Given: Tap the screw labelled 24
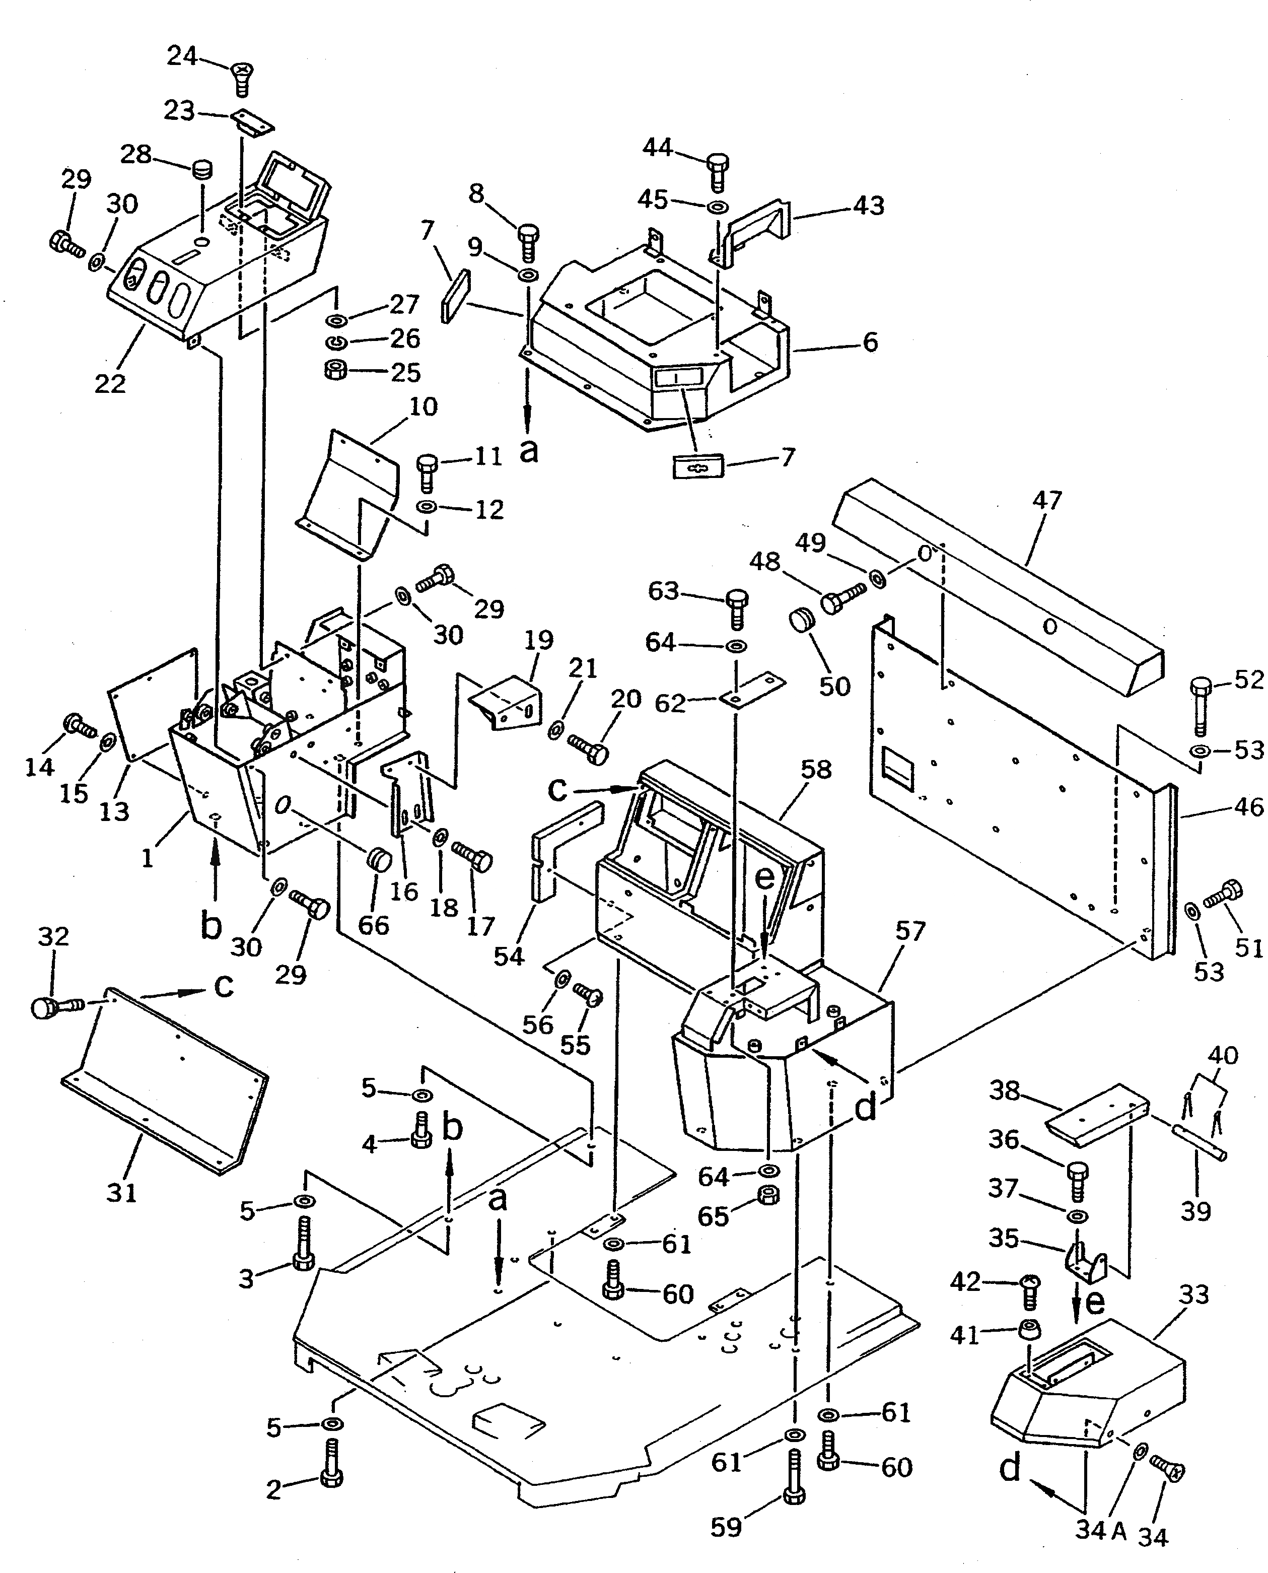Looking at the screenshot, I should pos(241,78).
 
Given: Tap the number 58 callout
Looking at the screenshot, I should pos(816,769).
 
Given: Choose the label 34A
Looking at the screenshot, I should pos(1101,1530).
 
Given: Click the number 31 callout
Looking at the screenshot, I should pos(121,1193).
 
